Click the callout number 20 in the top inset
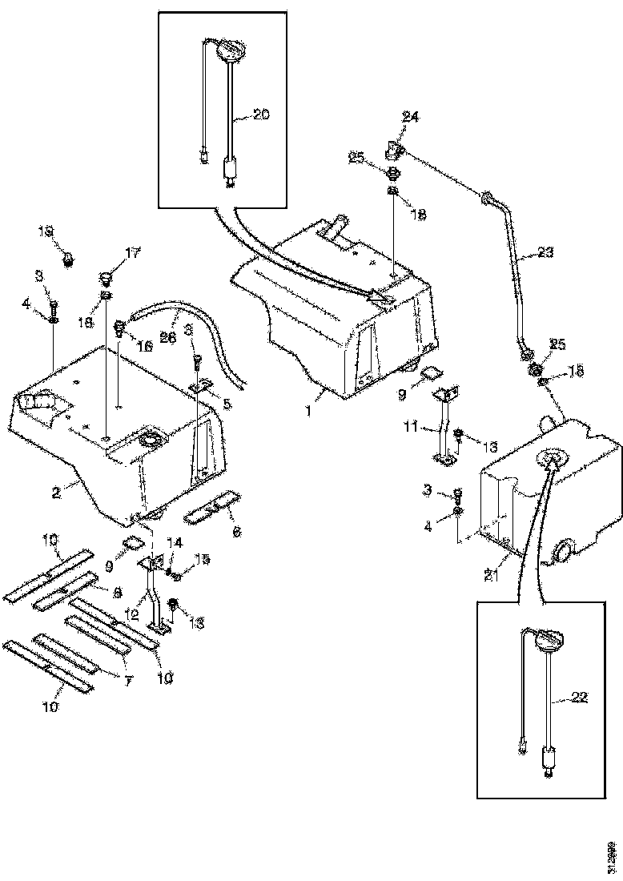(261, 115)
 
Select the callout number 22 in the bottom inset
(579, 697)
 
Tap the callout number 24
(411, 118)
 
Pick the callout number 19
(46, 232)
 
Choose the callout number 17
(132, 253)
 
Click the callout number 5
(227, 405)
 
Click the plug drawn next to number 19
(68, 259)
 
